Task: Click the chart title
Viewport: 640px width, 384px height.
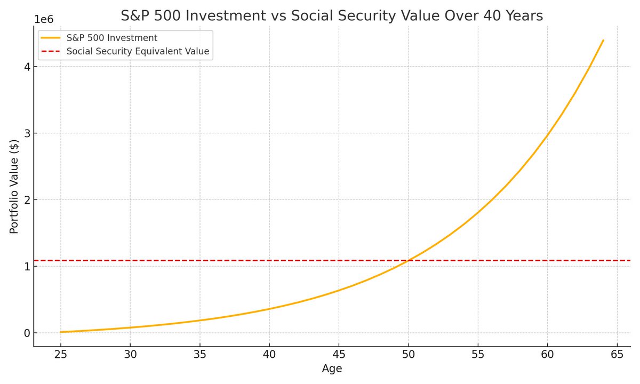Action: [332, 15]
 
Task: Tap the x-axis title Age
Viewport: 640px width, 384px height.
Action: [332, 369]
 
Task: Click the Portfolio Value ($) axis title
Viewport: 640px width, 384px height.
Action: [14, 187]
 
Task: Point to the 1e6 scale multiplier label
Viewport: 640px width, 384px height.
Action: [44, 19]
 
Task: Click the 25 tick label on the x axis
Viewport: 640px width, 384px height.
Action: [61, 355]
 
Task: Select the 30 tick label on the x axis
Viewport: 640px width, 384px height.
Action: [130, 355]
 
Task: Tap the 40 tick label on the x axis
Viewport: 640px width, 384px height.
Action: [269, 355]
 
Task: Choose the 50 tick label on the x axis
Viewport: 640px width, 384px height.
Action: [409, 355]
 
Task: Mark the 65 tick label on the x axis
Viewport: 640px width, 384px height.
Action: [617, 355]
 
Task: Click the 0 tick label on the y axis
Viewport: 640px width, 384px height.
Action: [27, 333]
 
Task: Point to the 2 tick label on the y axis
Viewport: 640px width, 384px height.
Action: [27, 199]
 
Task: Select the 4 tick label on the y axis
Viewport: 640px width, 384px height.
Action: [27, 67]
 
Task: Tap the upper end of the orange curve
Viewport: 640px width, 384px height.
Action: [603, 41]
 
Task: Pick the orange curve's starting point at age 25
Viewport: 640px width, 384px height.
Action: [61, 332]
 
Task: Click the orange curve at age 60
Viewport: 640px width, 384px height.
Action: [547, 134]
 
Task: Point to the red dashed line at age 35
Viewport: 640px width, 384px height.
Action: [199, 260]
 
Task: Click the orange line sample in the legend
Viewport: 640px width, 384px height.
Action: [51, 38]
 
